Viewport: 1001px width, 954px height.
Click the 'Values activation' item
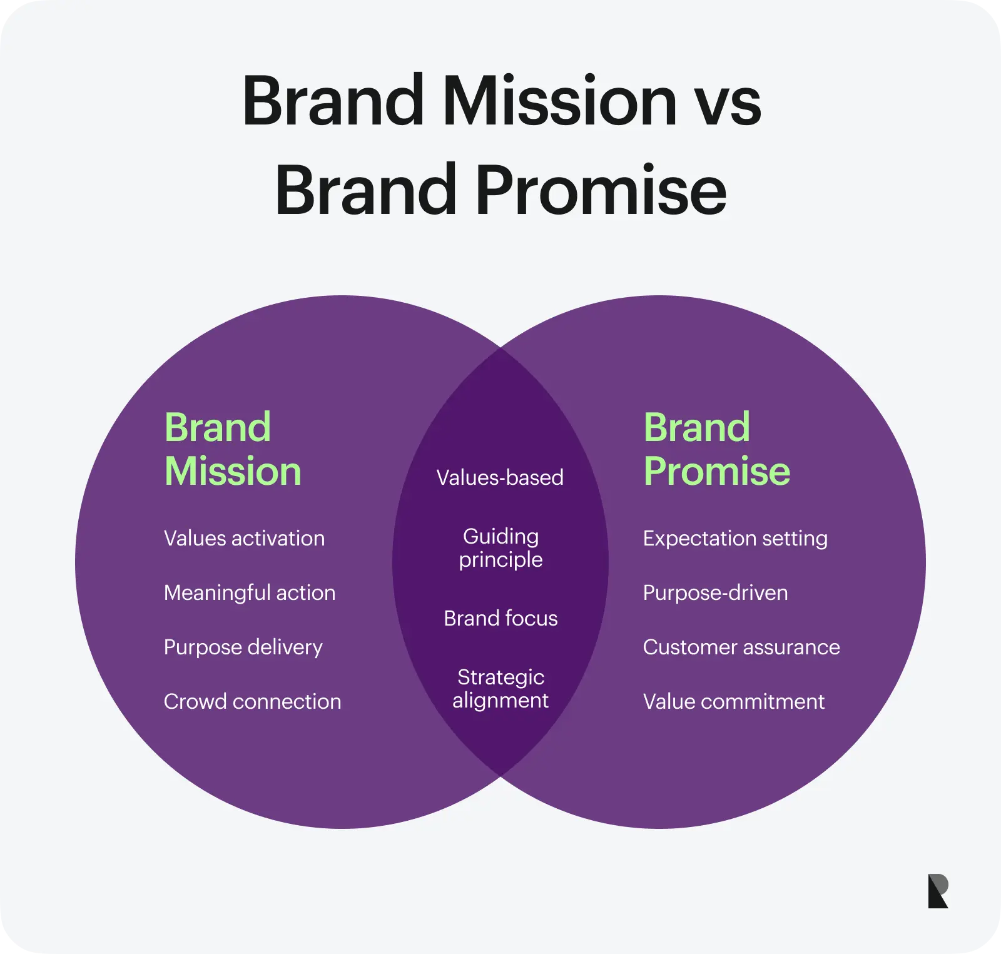[x=244, y=538]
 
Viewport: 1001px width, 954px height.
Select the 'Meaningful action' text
[x=250, y=592]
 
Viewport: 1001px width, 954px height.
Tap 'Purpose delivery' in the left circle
[x=243, y=647]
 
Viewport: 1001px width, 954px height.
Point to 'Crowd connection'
[x=252, y=701]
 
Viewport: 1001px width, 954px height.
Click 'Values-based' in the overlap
[x=500, y=477]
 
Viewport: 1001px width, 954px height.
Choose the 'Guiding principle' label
[x=500, y=547]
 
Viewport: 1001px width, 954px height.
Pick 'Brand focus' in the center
[x=500, y=618]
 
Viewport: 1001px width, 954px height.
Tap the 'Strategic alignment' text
[x=500, y=688]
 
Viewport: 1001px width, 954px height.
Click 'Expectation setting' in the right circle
[x=735, y=538]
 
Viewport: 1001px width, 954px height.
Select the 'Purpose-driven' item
[x=715, y=592]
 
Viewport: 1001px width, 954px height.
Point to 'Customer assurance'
[x=741, y=647]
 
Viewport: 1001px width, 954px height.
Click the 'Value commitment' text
[x=734, y=701]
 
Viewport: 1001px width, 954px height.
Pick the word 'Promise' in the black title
[x=601, y=189]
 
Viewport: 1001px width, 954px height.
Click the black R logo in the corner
[x=938, y=891]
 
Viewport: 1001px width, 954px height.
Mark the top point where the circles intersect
[x=500, y=348]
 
